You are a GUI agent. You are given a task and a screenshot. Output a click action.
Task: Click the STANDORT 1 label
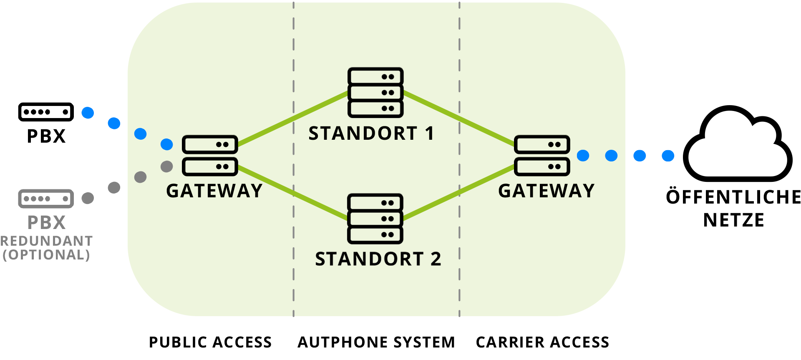click(371, 133)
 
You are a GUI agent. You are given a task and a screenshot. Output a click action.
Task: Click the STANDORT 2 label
click(378, 259)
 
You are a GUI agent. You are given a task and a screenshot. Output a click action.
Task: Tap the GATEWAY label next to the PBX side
click(214, 191)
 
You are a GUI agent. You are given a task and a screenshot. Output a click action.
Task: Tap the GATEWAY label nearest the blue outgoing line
click(546, 191)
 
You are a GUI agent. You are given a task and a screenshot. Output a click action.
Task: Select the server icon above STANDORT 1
click(375, 92)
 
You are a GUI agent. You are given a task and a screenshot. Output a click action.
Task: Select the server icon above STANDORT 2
click(375, 218)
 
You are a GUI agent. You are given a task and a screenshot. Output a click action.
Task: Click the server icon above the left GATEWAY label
click(210, 155)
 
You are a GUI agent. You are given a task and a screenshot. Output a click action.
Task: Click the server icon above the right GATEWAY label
click(542, 155)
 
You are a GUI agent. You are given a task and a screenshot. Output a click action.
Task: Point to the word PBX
click(46, 223)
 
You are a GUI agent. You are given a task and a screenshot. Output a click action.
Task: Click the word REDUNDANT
click(46, 241)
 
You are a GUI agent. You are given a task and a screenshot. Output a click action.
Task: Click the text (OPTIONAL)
click(46, 255)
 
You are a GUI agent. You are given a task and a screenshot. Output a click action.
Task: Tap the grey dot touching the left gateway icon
click(167, 166)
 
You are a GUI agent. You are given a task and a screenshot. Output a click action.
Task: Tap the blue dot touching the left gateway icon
click(167, 144)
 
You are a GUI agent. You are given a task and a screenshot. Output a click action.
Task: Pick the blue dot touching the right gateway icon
click(583, 156)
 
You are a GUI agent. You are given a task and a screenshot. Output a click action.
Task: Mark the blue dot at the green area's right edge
click(611, 156)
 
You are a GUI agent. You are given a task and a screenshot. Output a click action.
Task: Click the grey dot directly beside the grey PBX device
click(88, 198)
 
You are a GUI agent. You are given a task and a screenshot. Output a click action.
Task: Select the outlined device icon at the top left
click(46, 112)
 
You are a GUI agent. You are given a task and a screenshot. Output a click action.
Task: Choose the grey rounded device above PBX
click(46, 198)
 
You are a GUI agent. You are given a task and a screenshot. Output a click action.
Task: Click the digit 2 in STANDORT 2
click(436, 259)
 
